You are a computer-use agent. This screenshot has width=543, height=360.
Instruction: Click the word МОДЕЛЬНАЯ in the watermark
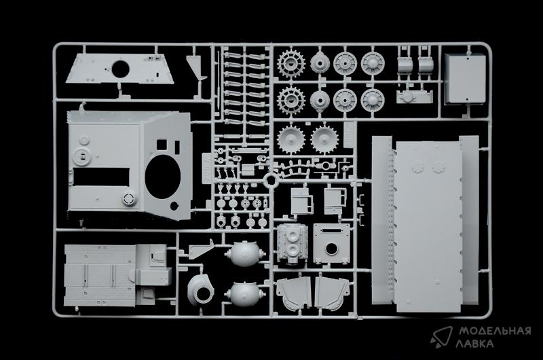pos(495,331)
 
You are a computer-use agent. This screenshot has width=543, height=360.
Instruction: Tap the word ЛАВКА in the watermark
pos(474,344)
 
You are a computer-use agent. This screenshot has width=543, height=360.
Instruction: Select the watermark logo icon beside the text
pos(441,337)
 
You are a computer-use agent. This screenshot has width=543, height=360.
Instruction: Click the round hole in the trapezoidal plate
pos(121,69)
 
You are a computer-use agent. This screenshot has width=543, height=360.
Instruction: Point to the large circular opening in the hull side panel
pos(163,177)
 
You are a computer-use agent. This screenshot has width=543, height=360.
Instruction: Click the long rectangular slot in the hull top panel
pos(101,177)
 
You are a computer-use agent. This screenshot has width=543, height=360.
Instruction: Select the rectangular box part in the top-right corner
pos(465,79)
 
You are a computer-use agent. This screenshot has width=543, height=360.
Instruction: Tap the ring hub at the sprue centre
pos(271,180)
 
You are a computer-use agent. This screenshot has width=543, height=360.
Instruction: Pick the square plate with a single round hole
pos(331,243)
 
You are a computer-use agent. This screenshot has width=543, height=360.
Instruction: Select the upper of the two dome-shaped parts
pos(245,254)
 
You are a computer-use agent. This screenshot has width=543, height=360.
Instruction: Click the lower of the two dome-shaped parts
pos(245,294)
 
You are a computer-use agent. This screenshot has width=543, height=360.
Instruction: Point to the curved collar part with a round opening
pos(200,289)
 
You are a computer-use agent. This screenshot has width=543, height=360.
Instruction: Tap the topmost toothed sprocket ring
pos(291,63)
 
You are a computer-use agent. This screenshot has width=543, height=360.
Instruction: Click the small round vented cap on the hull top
pos(129,198)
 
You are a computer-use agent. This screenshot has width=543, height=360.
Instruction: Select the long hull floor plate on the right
pos(428,226)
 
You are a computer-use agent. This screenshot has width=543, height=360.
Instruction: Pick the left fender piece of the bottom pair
pos(294,293)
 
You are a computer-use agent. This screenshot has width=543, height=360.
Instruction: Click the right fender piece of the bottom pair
pos(332,293)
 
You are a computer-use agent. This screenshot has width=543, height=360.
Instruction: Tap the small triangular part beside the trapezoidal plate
pos(198,67)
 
